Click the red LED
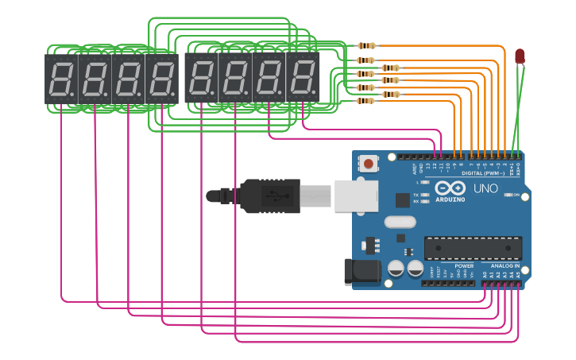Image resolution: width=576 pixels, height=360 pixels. (x=520, y=56)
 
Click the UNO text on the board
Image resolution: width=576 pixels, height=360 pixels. (x=485, y=188)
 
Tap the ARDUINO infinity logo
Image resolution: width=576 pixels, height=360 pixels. (x=450, y=188)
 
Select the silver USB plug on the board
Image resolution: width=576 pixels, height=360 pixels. (x=355, y=195)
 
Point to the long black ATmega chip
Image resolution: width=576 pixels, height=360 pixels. (x=473, y=248)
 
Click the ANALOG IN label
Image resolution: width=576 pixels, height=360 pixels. (x=504, y=265)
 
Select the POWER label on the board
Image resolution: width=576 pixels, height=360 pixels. (x=464, y=265)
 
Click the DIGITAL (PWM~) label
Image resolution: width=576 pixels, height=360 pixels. (x=481, y=172)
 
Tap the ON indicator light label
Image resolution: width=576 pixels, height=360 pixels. (x=516, y=195)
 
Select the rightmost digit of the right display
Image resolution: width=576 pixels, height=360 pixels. (x=302, y=79)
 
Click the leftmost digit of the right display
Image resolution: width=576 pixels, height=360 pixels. (x=201, y=79)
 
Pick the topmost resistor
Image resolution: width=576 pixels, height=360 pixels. (x=367, y=46)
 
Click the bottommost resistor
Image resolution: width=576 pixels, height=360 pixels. (x=366, y=101)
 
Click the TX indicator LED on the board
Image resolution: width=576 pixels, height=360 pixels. (x=424, y=194)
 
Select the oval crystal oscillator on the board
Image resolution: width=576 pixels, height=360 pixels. (x=400, y=223)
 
